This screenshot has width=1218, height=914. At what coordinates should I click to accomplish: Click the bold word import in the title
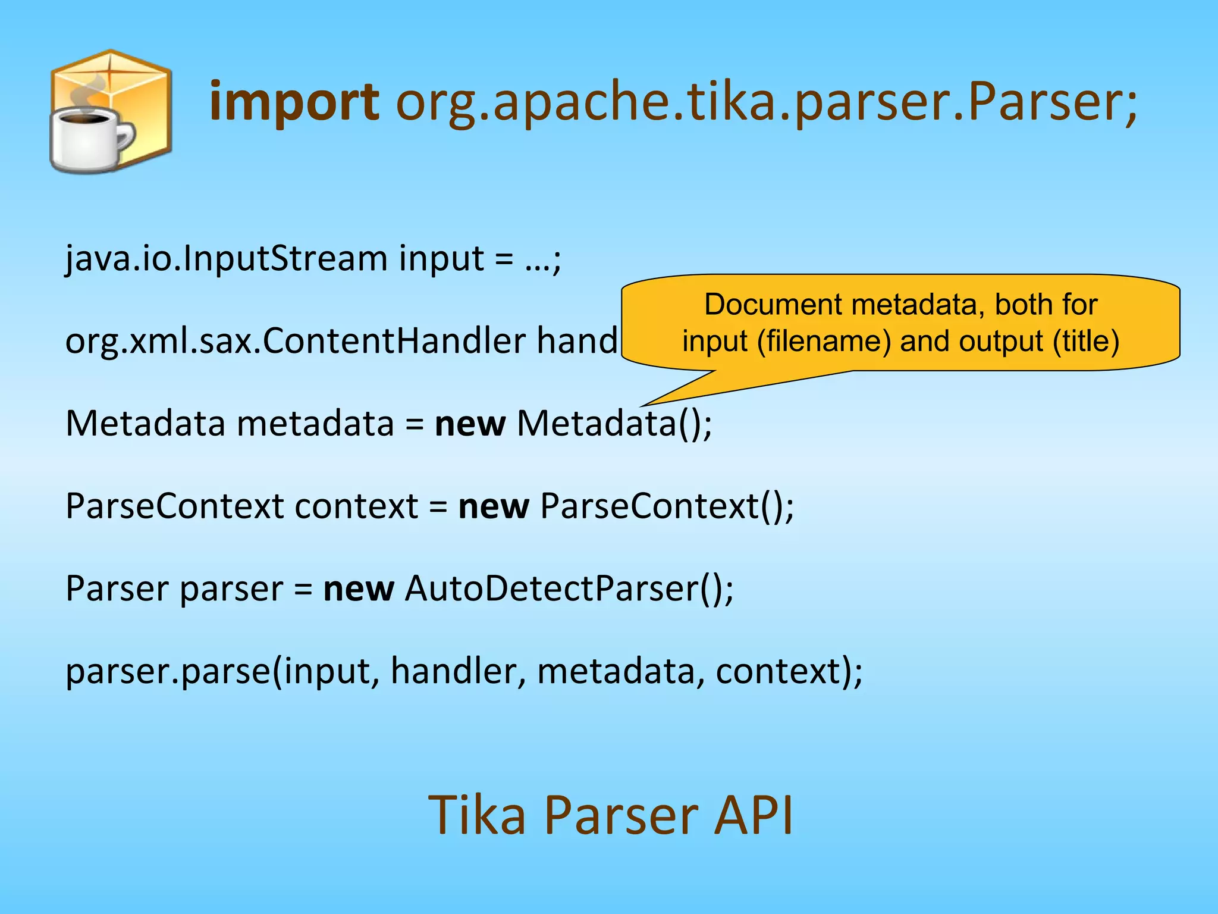pos(294,102)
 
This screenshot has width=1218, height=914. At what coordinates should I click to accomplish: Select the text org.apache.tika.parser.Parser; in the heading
pos(766,102)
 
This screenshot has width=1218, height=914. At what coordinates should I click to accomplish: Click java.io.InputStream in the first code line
pos(226,259)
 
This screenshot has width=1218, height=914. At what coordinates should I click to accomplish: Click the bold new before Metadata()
pos(470,424)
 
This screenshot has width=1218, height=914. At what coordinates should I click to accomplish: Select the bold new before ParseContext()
pos(493,507)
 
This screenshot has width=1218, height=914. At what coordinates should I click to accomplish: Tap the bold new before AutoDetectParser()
pos(358,589)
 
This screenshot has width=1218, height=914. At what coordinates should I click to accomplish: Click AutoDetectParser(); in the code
pos(569,589)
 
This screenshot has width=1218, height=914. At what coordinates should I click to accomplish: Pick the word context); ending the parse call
pos(789,672)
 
